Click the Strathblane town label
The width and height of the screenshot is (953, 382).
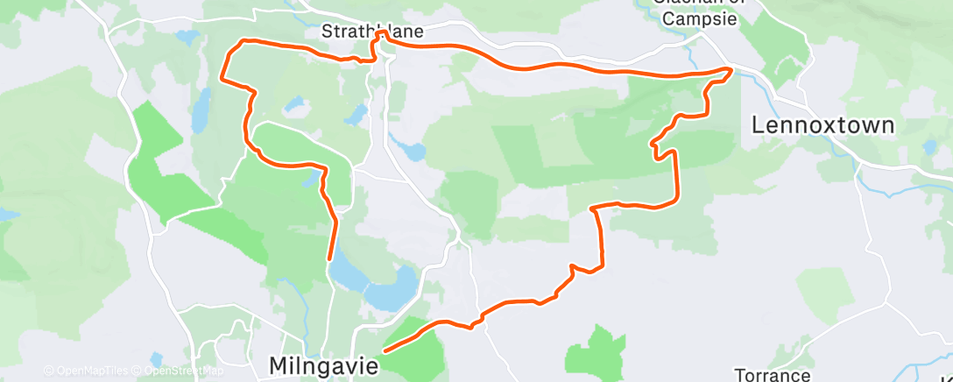(x=371, y=32)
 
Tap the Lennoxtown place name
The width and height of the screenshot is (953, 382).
(x=823, y=125)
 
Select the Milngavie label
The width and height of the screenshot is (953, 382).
(x=324, y=364)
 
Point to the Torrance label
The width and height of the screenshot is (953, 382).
(x=772, y=375)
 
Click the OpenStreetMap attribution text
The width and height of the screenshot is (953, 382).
(x=179, y=371)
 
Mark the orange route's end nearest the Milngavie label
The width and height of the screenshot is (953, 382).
(x=385, y=349)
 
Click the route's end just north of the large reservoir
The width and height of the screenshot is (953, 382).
(x=329, y=258)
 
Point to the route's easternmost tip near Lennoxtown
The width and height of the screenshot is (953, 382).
(x=731, y=68)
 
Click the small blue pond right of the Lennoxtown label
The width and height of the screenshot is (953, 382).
(x=928, y=147)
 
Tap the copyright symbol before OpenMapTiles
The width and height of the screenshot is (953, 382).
(x=48, y=371)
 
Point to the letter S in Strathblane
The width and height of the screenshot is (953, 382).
(x=327, y=32)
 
